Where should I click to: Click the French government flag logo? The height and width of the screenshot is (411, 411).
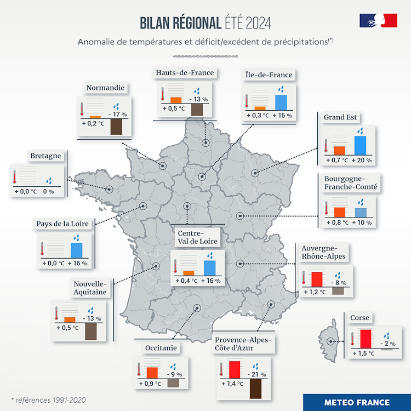(378, 20)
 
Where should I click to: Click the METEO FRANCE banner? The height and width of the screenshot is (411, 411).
(357, 402)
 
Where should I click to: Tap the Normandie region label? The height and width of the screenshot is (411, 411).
(105, 88)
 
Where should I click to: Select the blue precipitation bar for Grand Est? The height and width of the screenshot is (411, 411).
(360, 145)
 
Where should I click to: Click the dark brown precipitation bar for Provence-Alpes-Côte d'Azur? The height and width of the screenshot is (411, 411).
(255, 389)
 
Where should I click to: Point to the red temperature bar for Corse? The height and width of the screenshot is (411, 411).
(366, 338)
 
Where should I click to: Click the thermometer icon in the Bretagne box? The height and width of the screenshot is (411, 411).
(15, 176)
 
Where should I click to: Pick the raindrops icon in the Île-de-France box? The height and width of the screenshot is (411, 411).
(281, 89)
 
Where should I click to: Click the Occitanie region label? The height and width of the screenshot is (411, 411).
(162, 348)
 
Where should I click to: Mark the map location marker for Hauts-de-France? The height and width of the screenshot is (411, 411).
(205, 144)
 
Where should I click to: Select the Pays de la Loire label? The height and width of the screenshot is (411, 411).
(62, 224)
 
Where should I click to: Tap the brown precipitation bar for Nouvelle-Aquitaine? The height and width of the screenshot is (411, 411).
(90, 331)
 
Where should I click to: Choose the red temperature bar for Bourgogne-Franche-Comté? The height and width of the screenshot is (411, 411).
(339, 212)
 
